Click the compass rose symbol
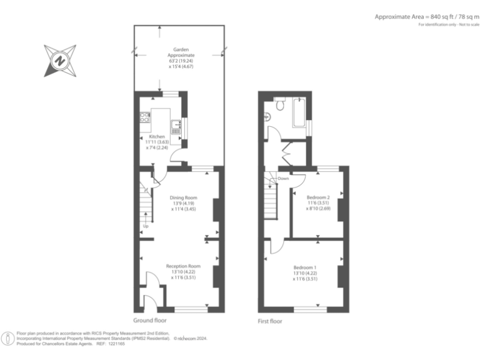point(60,60)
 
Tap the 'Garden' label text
point(181,49)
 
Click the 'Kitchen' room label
point(157,136)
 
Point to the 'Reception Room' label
point(182,266)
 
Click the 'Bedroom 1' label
point(305,267)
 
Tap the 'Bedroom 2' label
point(317,197)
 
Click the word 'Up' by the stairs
point(145,226)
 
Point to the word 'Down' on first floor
point(283,178)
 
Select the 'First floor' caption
point(270,321)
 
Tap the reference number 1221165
point(116,344)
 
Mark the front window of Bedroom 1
point(310,309)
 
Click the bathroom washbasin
point(267,116)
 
